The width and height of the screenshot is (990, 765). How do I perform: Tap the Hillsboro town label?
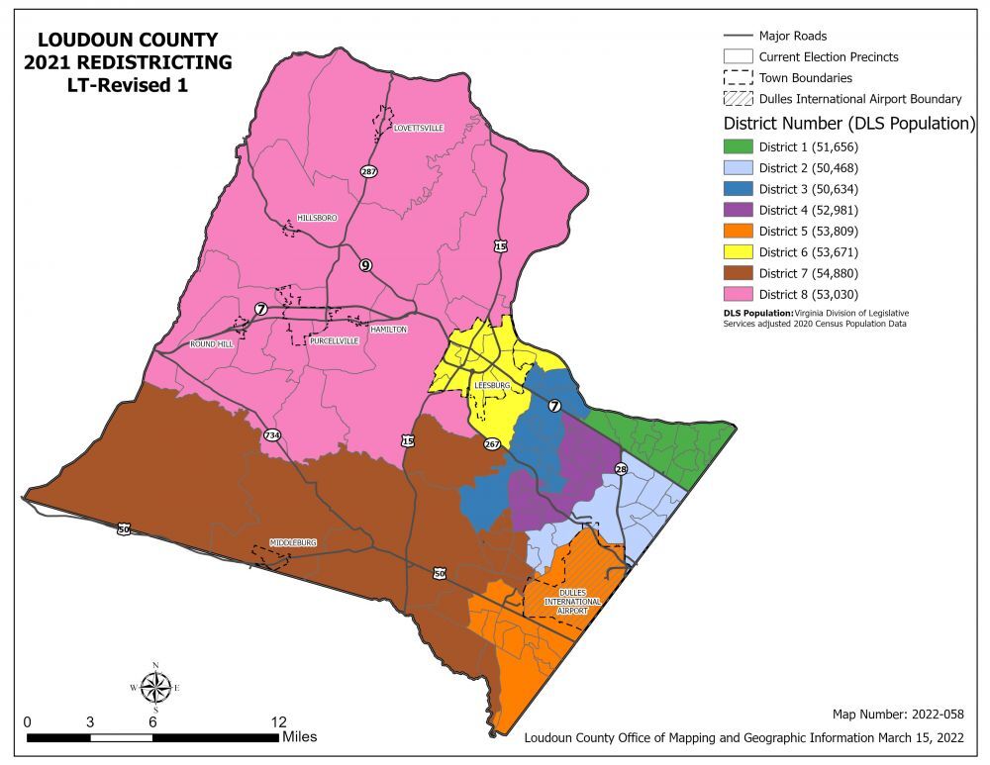click(x=317, y=218)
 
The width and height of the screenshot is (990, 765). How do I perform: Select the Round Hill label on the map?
click(x=210, y=344)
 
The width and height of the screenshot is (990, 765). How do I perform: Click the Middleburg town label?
click(x=293, y=544)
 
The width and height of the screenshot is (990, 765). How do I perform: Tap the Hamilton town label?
click(x=388, y=330)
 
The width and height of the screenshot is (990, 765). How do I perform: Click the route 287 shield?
click(x=369, y=171)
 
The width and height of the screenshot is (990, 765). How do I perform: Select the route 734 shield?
click(x=271, y=434)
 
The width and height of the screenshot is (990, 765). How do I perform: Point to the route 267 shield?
click(x=492, y=444)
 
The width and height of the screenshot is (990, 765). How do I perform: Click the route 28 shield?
click(x=621, y=469)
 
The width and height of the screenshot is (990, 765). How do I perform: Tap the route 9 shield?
click(x=365, y=265)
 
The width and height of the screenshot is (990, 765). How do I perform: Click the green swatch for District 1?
click(x=738, y=145)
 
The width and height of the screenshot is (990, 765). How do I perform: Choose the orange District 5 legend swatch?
click(x=738, y=231)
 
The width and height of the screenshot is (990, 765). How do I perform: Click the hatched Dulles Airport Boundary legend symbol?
click(x=738, y=99)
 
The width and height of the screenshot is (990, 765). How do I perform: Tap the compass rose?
click(x=155, y=687)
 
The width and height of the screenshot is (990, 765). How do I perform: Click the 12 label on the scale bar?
click(x=279, y=721)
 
